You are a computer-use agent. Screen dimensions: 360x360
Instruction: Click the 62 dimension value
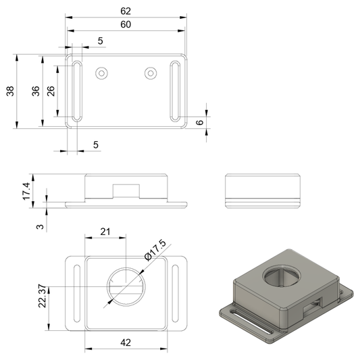126,11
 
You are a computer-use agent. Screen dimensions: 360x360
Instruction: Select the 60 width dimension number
126,24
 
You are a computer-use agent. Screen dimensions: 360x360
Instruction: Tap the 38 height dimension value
10,91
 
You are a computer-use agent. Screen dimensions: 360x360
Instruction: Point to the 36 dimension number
36,91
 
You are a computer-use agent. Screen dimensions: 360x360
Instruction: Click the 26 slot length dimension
51,91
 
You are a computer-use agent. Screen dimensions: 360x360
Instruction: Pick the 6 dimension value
200,122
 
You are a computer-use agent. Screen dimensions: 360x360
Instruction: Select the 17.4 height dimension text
26,191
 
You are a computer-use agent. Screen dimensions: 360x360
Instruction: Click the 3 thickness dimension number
40,227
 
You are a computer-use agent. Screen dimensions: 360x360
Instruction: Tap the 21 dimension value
105,232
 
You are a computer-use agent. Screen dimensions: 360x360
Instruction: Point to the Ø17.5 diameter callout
155,251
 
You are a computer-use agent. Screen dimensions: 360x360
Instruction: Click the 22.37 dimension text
43,297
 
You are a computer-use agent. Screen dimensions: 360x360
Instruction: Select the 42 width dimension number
126,342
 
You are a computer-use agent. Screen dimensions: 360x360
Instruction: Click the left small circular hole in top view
102,74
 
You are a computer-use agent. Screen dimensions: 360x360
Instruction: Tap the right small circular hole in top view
151,74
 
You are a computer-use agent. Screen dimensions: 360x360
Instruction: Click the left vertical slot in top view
77,91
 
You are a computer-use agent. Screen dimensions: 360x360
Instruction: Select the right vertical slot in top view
175,91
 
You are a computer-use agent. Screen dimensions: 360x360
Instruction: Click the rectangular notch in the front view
126,191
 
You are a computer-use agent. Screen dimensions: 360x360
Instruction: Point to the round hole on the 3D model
282,276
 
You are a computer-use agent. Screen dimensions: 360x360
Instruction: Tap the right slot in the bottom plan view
175,293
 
